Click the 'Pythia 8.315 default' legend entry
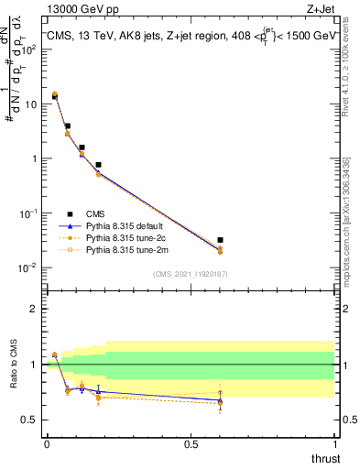(129, 224)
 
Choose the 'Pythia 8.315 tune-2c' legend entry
(129, 236)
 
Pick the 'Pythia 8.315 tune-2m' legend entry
(129, 248)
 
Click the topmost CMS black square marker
(55, 96)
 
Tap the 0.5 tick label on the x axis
(191, 444)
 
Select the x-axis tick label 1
(335, 444)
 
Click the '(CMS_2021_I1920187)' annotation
(190, 274)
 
